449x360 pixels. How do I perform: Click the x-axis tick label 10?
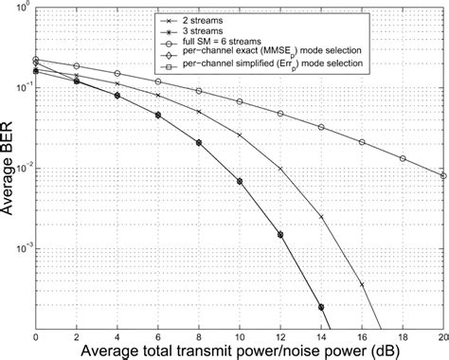pyautogui.click(x=240, y=336)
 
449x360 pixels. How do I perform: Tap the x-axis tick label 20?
pyautogui.click(x=442, y=336)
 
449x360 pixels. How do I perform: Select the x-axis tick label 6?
pyautogui.click(x=158, y=336)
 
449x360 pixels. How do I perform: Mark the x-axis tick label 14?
pyautogui.click(x=321, y=336)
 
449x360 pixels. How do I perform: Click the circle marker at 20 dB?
pyautogui.click(x=443, y=175)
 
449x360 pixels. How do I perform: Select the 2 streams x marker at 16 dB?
pyautogui.click(x=362, y=283)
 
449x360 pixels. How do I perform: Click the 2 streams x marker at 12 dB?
pyautogui.click(x=280, y=169)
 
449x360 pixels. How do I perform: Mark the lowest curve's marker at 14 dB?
pyautogui.click(x=321, y=307)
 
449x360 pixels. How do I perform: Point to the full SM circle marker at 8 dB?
pyautogui.click(x=199, y=91)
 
